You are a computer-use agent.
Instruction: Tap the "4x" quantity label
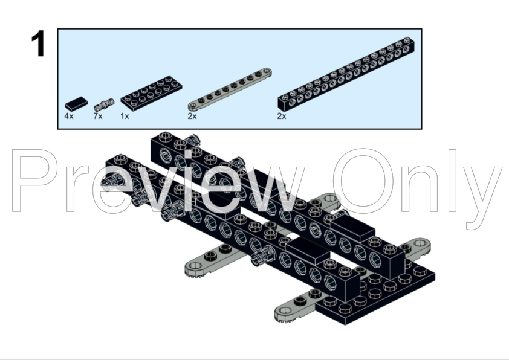[x=69, y=116]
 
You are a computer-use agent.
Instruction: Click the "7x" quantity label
[x=98, y=116]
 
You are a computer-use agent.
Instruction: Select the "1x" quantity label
[x=125, y=116]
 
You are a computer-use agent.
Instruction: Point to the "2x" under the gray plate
[x=192, y=116]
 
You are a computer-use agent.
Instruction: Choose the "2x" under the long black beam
[x=282, y=116]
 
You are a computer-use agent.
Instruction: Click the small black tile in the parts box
[x=76, y=104]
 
